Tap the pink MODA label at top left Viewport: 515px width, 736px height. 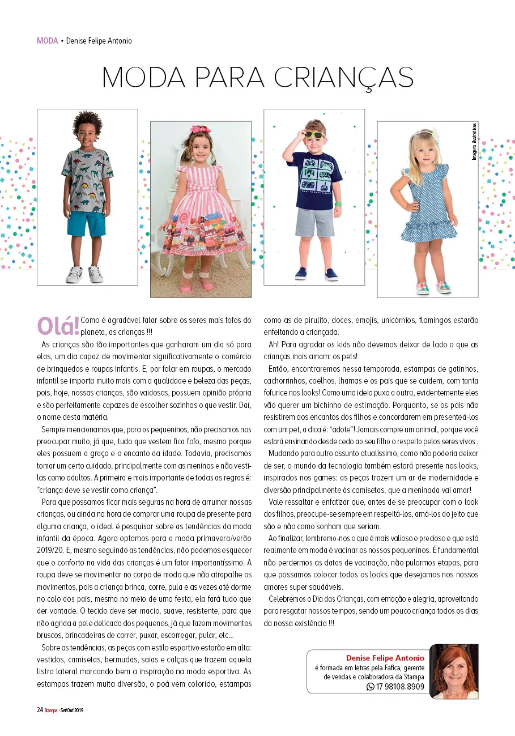(x=47, y=41)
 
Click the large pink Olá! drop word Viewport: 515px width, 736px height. (x=58, y=326)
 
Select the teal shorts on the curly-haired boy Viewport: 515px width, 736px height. (x=87, y=224)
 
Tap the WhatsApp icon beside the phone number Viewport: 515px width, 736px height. (x=371, y=686)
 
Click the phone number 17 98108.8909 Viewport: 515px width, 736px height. (x=400, y=686)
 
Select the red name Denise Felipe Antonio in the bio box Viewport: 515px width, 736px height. (x=385, y=658)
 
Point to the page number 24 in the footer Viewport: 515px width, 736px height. (x=40, y=709)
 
